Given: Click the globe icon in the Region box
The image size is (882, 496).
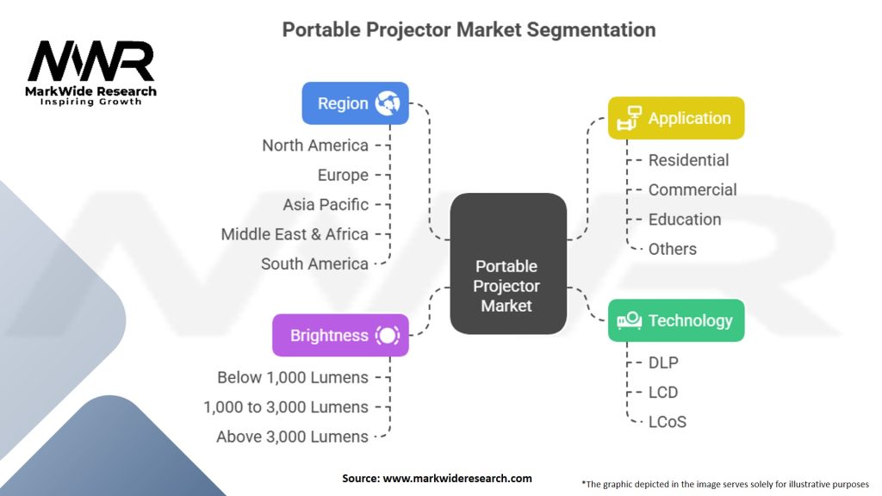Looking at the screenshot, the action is tap(388, 103).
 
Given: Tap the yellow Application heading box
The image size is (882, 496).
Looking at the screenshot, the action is tap(676, 118).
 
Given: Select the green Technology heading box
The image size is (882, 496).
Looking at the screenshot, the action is tap(676, 320).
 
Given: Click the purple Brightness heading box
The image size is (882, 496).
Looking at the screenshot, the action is tap(340, 335).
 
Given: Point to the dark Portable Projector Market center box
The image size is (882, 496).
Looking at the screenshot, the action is tap(508, 263).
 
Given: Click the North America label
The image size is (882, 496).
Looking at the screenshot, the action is tap(315, 145).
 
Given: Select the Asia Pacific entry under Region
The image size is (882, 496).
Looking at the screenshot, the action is tap(326, 204).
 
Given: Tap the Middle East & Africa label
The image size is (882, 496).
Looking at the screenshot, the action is tap(295, 234).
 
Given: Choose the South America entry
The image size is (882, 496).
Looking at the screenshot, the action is tap(314, 263).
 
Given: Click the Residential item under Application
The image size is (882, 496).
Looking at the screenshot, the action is tap(688, 160).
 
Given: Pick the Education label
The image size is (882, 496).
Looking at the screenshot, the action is tap(685, 220).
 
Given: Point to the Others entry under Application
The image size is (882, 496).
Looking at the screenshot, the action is tap(672, 249).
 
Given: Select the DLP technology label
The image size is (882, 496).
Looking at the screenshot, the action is tap(663, 363).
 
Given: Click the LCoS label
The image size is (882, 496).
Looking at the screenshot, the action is tap(668, 422).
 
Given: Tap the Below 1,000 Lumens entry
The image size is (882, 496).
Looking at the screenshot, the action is tap(293, 377).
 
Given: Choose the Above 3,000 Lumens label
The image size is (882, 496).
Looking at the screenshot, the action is tap(293, 437).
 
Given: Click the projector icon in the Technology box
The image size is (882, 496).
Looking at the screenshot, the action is tap(630, 320).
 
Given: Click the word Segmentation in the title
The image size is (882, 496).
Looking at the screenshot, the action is tap(591, 30).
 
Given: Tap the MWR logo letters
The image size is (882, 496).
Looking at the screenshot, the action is tap(91, 60).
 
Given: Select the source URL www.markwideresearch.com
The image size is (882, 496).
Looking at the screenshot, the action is tap(457, 479).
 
